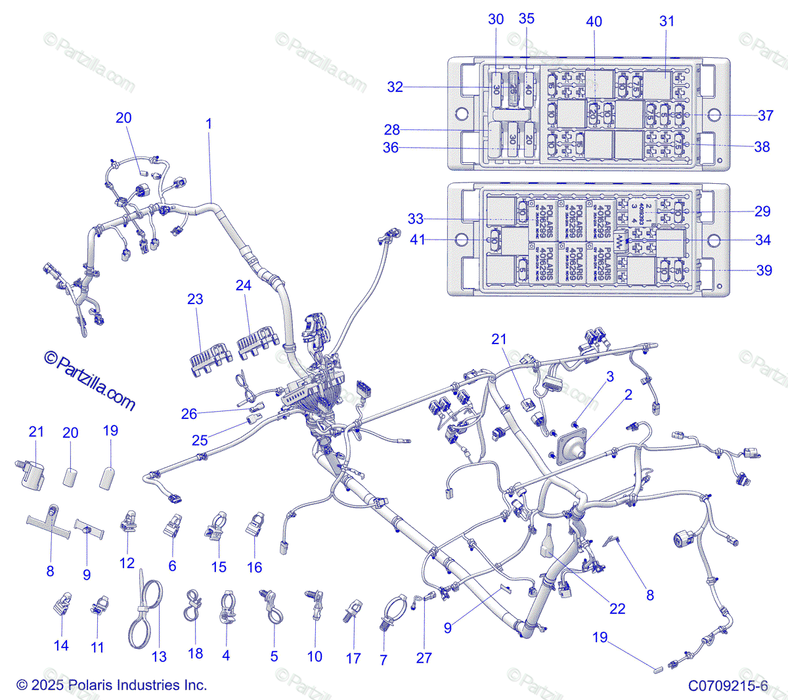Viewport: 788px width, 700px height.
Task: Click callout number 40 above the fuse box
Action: tap(594, 22)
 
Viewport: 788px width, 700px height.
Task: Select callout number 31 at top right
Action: tap(667, 21)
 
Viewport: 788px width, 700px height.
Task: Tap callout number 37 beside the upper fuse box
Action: tap(766, 116)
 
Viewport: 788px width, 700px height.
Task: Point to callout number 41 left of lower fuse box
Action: tap(418, 240)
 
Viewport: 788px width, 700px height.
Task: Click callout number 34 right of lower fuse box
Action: tap(762, 240)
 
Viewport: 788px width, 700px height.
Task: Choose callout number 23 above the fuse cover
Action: tap(195, 299)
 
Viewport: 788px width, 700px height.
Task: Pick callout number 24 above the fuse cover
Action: tap(244, 285)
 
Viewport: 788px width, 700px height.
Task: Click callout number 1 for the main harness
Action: tap(209, 123)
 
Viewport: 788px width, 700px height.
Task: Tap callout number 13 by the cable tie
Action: tap(159, 657)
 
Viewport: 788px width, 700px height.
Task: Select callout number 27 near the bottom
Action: tap(424, 657)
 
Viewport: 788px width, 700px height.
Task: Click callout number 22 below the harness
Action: tap(617, 609)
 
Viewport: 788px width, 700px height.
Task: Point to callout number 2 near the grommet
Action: tap(628, 395)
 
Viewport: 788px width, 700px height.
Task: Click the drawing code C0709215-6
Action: tap(728, 686)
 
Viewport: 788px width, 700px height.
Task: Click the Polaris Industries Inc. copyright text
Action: tap(112, 685)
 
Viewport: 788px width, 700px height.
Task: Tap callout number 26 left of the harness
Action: tap(189, 414)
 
